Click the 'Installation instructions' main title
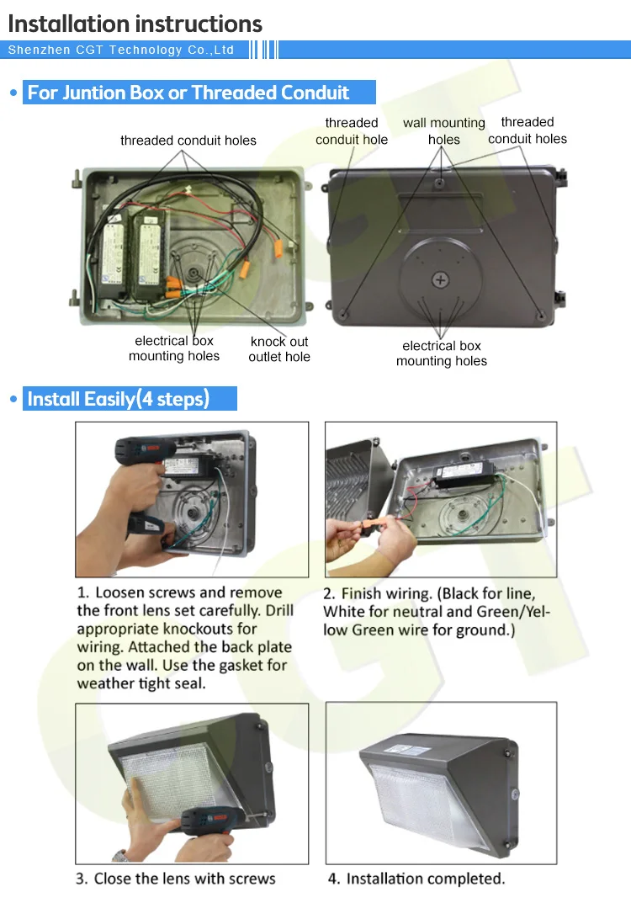coord(135,24)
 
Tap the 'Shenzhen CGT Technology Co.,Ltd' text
coord(121,50)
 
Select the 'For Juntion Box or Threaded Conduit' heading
coord(188,93)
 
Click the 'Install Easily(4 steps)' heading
coord(118,399)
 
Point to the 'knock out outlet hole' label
coord(279,349)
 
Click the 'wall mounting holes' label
coord(444,130)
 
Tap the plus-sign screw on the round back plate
coord(440,280)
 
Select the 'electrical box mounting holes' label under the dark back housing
coord(442,353)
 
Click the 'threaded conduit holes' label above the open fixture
coord(188,141)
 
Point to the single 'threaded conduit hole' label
coord(351,130)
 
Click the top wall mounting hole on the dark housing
coord(439,183)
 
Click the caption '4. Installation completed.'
coord(416,879)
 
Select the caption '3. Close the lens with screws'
coord(176,879)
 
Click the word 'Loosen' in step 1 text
coord(123,592)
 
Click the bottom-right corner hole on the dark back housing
coord(541,316)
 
